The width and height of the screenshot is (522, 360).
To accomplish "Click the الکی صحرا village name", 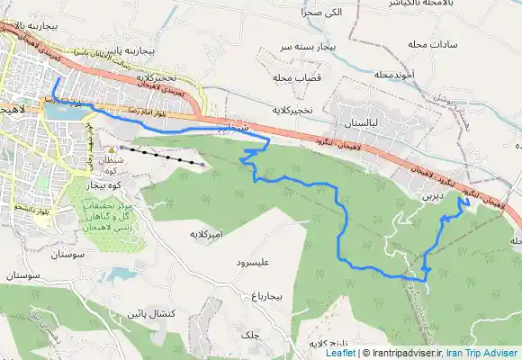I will click(x=324, y=13).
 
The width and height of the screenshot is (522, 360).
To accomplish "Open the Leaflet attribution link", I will click(x=339, y=354).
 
